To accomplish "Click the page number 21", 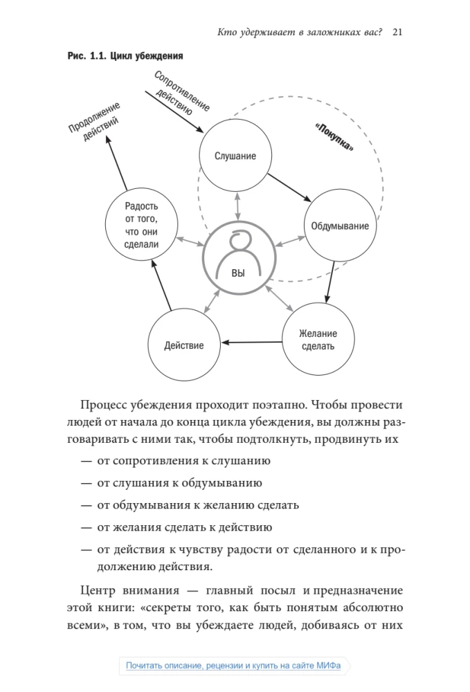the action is point(397,32).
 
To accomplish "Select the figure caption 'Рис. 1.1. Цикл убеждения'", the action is point(125,56).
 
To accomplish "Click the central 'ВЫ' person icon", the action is point(239,257).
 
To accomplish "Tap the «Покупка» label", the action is point(334,137).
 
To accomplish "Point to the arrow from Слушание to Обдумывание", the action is point(289,188).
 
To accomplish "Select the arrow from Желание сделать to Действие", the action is point(251,342).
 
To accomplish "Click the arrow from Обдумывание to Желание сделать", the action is point(329,282).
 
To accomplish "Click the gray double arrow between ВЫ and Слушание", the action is point(238,206).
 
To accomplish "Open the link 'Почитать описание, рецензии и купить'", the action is point(233,665).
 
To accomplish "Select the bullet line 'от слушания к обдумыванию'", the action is point(179,483).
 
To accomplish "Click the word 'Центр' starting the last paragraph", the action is point(98,590).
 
